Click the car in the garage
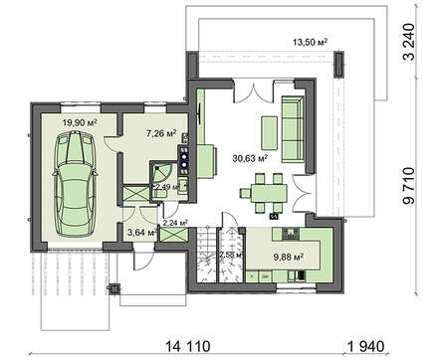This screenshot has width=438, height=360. pos(75,184)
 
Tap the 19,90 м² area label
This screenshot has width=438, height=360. pos(80,123)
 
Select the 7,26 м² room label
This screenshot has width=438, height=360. pos(161,133)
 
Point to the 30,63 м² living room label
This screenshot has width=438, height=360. pos(250,158)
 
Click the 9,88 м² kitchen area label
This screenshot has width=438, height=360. pos(288,257)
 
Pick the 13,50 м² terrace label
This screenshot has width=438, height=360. pos(311,42)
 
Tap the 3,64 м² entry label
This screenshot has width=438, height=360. pos(142,233)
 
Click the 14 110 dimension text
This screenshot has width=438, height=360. pos(187,347)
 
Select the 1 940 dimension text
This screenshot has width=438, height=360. pos(366,347)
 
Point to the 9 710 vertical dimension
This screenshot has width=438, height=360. pos(409,186)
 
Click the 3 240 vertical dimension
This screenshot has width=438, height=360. pos(409,42)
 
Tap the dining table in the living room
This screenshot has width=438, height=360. pos(269,193)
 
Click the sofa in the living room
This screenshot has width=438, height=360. pos(293,129)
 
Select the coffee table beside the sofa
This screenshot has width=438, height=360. pos(269,133)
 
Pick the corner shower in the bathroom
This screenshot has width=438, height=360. pos(162,172)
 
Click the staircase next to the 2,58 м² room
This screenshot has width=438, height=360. pos(207,255)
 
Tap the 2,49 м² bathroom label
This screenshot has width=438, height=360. pos(167,187)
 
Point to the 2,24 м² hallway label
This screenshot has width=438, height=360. pos(175,223)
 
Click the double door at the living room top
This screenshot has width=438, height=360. pos(254,90)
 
